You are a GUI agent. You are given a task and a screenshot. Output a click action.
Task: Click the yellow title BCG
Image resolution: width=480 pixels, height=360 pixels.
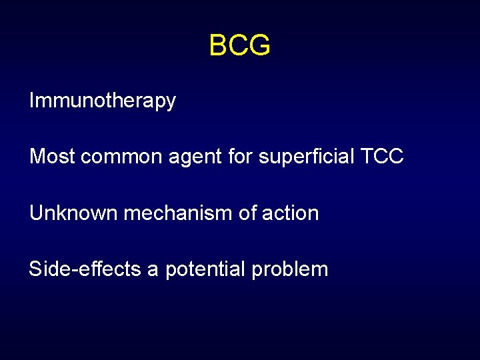(x=239, y=46)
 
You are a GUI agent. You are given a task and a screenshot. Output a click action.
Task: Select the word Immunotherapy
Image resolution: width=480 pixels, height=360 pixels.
(x=102, y=101)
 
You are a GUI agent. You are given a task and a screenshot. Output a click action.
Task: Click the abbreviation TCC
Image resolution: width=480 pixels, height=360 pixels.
(x=381, y=157)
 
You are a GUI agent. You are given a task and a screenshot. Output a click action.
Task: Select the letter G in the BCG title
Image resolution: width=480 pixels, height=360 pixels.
(x=259, y=46)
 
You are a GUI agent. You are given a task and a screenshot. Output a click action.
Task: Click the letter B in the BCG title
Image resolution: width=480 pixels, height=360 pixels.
(x=219, y=46)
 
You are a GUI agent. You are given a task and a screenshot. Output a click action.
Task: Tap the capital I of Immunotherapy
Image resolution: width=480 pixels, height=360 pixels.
(x=31, y=101)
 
